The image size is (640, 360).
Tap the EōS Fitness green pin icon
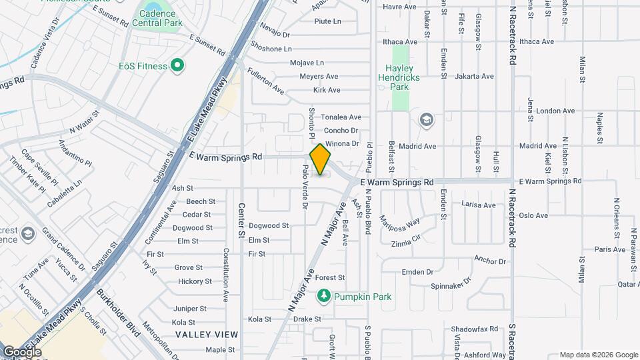point(177,65)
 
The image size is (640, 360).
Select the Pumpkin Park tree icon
point(324,296)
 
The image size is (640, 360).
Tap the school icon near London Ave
point(425,120)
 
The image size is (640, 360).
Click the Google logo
point(21,351)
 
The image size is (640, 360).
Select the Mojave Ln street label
point(307,63)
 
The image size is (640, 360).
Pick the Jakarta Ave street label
point(474,77)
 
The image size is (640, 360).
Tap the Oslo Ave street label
point(533,215)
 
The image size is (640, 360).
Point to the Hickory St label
point(195,281)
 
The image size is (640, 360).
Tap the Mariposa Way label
point(399,221)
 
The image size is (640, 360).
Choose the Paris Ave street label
point(610,249)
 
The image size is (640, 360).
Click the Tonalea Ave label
point(341,117)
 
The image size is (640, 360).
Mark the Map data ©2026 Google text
point(598,355)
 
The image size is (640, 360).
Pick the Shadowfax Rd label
point(475,329)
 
